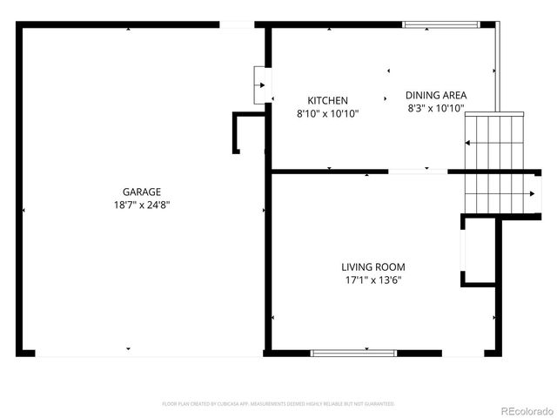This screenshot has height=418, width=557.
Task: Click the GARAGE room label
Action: [x=141, y=192]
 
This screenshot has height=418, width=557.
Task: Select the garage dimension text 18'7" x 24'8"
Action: [x=141, y=206]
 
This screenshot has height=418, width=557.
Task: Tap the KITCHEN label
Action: [x=327, y=101]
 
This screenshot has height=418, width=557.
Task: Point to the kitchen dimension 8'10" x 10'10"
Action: [x=327, y=113]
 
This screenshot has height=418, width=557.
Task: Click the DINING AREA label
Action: [x=436, y=96]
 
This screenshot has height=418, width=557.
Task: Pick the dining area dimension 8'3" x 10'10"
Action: [x=436, y=109]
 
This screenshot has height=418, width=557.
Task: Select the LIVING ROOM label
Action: [x=372, y=267]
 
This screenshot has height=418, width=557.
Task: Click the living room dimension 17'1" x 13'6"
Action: [x=372, y=280]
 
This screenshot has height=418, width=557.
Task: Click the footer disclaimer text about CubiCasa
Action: [x=278, y=404]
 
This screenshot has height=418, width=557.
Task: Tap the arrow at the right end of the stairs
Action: [x=533, y=193]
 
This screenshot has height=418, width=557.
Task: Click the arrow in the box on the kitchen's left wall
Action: [x=261, y=84]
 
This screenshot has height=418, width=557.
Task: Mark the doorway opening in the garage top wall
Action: [x=237, y=24]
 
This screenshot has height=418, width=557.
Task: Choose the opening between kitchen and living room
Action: [x=418, y=172]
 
